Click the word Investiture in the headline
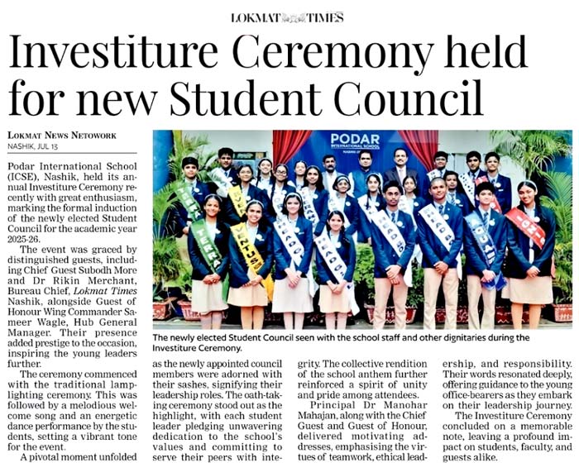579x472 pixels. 116,56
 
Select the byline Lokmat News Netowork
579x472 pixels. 62,136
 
